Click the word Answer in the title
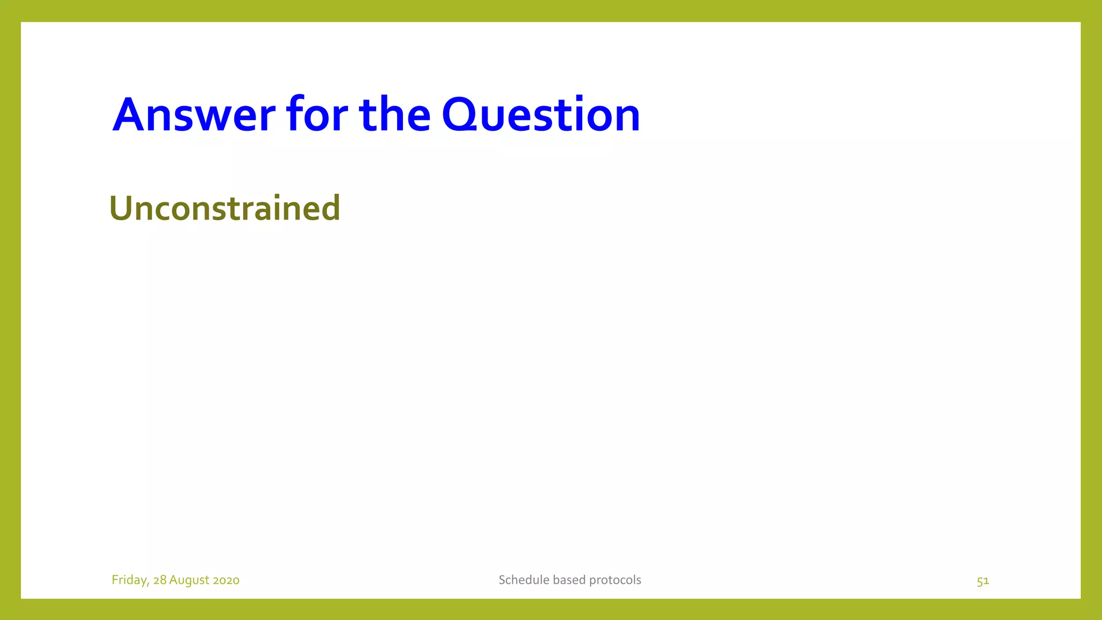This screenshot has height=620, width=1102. tap(194, 115)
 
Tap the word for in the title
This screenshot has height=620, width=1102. tap(317, 115)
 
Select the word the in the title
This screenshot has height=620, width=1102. tap(394, 115)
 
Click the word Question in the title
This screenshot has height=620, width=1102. tap(541, 115)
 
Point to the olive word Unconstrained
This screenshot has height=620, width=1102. tap(224, 208)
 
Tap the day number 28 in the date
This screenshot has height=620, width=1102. tap(160, 580)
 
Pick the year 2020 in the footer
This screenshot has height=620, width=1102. tap(226, 580)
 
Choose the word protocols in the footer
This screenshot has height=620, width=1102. tap(616, 580)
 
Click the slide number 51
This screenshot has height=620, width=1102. tap(983, 581)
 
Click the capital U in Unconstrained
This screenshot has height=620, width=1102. tap(121, 208)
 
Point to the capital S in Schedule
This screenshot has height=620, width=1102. tap(502, 580)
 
